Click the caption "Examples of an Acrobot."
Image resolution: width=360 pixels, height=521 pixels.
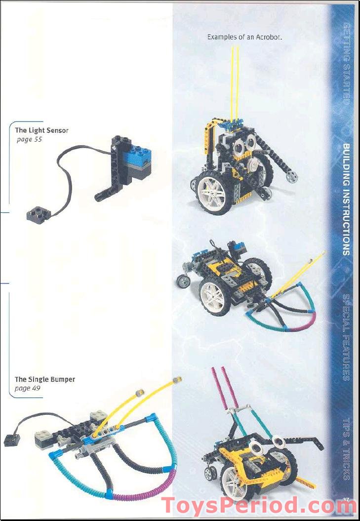click(244, 37)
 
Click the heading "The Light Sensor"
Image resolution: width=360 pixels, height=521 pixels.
click(41, 130)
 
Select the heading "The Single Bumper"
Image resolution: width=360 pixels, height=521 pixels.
click(45, 379)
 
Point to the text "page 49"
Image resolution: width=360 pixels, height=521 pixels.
click(28, 388)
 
